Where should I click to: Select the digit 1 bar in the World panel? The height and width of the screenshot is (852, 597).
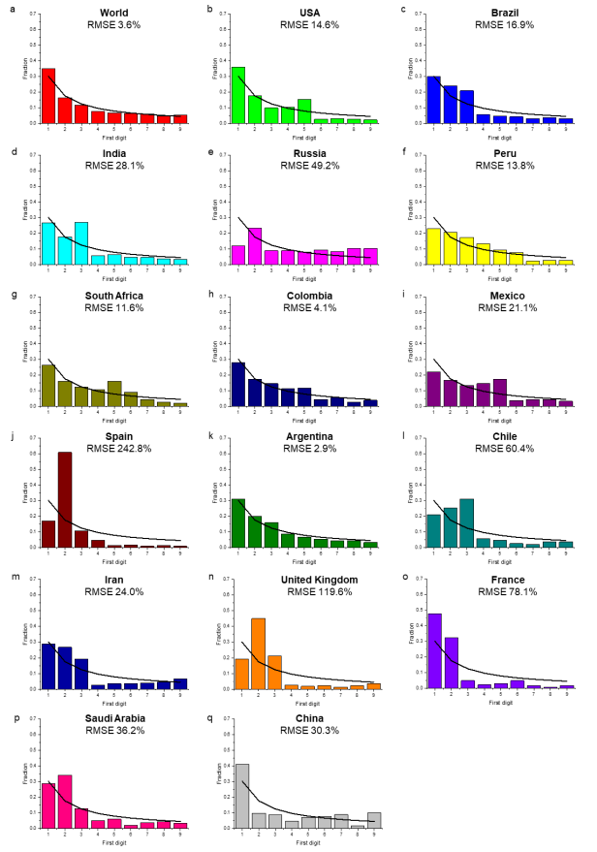tap(48, 96)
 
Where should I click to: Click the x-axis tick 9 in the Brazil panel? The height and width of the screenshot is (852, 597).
tap(566, 128)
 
